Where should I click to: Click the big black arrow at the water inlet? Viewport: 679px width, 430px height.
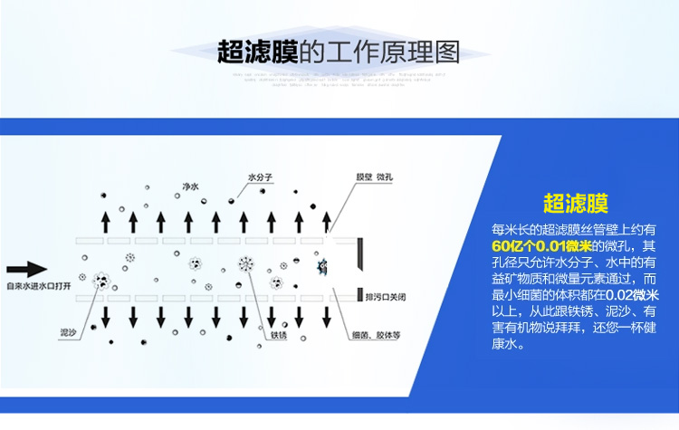[25, 269]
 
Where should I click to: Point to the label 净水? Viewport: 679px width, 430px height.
[190, 186]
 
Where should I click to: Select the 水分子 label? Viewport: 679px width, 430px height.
[260, 177]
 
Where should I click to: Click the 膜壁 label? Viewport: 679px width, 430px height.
[364, 177]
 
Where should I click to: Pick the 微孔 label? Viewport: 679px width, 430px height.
[386, 177]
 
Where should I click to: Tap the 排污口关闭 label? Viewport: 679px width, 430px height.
[387, 296]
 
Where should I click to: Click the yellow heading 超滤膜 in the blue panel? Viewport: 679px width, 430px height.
[575, 203]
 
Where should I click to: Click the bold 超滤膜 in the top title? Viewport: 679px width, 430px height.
[258, 52]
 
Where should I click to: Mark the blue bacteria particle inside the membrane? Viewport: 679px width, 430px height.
[321, 267]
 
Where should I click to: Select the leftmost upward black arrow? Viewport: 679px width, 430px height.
[106, 222]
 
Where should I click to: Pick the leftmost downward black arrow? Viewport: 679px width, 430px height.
[106, 316]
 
